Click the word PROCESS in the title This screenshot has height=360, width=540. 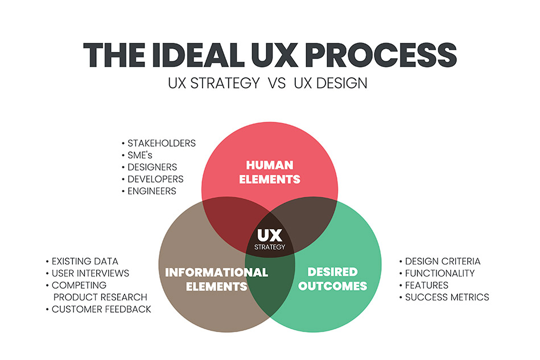click(x=381, y=55)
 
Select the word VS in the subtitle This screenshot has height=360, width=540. click(x=277, y=83)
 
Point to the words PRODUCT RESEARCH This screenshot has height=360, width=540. click(x=100, y=297)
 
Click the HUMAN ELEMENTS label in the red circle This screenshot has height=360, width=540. click(x=270, y=172)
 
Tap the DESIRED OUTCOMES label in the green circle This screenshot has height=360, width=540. click(x=333, y=279)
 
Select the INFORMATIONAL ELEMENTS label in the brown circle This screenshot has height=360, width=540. click(x=216, y=279)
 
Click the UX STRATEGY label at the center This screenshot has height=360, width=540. click(x=270, y=239)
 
